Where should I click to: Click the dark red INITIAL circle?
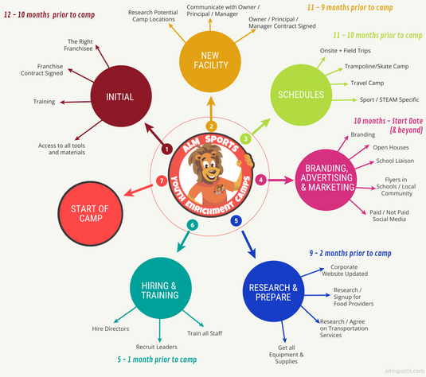pyautogui.click(x=121, y=96)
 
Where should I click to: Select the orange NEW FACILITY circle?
pyautogui.click(x=210, y=61)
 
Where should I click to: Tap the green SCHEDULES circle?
pyautogui.click(x=301, y=95)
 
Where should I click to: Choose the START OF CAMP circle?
pyautogui.click(x=90, y=214)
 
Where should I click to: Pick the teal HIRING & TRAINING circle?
pyautogui.click(x=161, y=288)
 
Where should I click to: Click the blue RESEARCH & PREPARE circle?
pyautogui.click(x=273, y=291)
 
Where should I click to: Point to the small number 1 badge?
pyautogui.click(x=166, y=149)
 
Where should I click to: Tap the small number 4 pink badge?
pyautogui.click(x=261, y=180)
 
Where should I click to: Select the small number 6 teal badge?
pyautogui.click(x=193, y=225)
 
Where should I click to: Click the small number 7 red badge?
pyautogui.click(x=162, y=181)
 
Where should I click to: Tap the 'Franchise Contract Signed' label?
pyautogui.click(x=42, y=70)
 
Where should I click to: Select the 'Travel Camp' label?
pyautogui.click(x=367, y=83)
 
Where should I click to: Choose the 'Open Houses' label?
pyautogui.click(x=391, y=147)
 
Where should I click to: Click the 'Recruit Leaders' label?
pyautogui.click(x=157, y=347)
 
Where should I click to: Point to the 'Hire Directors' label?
pyautogui.click(x=111, y=328)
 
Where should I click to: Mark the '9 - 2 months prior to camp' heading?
pyautogui.click(x=350, y=253)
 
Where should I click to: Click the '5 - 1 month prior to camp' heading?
pyautogui.click(x=157, y=360)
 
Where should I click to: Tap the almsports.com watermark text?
pyautogui.click(x=405, y=371)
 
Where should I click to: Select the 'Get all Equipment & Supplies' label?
pyautogui.click(x=287, y=355)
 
